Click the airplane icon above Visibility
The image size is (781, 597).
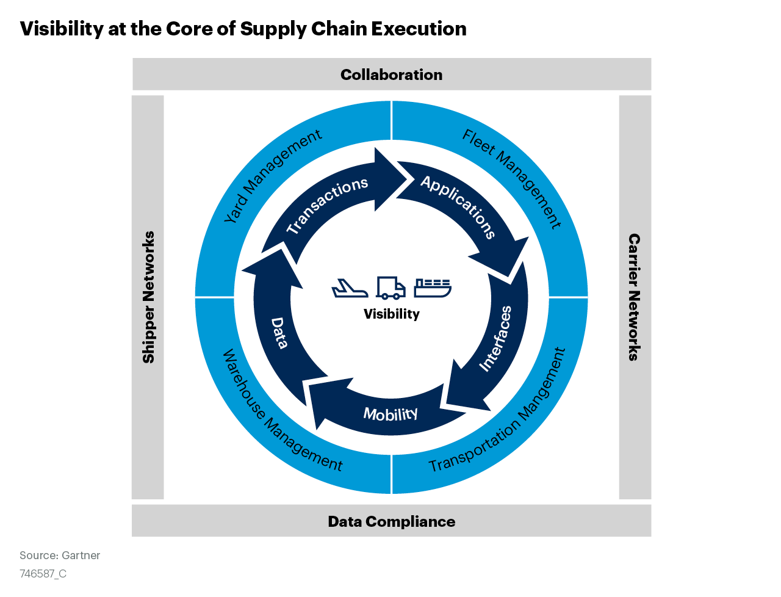click(x=350, y=288)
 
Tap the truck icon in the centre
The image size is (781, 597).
click(x=390, y=288)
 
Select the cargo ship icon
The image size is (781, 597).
click(x=433, y=288)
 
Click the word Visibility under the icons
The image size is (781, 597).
click(x=392, y=314)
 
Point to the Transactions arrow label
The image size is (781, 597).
click(x=328, y=205)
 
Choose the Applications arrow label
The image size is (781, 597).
click(x=458, y=206)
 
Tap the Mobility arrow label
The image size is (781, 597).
click(x=390, y=414)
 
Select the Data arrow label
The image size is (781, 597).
click(x=279, y=333)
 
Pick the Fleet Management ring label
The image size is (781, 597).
click(x=511, y=178)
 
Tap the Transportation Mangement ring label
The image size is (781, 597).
click(x=498, y=411)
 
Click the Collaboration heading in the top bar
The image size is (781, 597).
click(x=392, y=74)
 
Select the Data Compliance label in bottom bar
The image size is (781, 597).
click(x=392, y=521)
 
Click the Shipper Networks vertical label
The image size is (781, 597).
click(x=148, y=297)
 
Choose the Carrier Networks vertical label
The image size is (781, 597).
click(x=635, y=297)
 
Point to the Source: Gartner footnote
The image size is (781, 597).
click(x=60, y=555)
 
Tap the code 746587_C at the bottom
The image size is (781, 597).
click(x=43, y=574)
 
